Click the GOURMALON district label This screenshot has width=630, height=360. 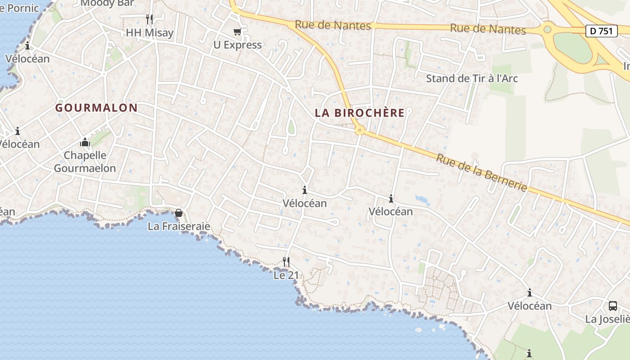pos(96,108)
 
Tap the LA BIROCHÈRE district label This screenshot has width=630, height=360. pos(360,113)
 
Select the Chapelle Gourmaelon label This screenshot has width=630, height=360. pos(85,162)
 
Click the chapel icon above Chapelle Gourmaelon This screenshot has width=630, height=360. pos(85,143)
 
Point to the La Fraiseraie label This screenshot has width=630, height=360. pos(179,226)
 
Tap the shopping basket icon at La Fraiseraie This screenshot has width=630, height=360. pos(179,212)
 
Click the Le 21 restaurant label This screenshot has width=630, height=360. pos(286,275)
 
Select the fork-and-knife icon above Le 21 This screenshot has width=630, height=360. pos(286,261)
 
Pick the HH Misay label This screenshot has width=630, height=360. pos(149,33)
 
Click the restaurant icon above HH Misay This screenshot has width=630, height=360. pos(149,19)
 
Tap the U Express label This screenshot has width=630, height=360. pos(237,45)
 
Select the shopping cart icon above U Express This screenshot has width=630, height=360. pos(237,31)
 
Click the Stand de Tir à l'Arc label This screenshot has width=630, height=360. pos(472,78)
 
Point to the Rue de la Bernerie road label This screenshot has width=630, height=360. pos(481,172)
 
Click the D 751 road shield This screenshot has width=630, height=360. pos(602,31)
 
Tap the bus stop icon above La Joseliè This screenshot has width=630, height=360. pos(613,306)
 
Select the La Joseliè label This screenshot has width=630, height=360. pos(607,319)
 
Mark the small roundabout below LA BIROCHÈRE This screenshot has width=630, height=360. pos(359,130)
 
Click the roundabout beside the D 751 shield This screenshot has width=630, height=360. pos(547,30)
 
